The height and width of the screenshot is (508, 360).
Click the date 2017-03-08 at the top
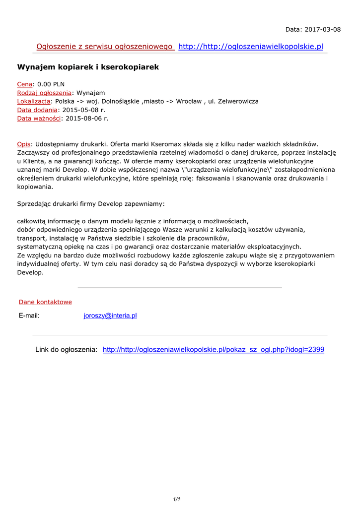pyautogui.click(x=323, y=29)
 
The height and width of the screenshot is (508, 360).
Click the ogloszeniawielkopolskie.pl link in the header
pyautogui.click(x=250, y=47)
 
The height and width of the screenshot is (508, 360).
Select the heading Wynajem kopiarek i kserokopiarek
pyautogui.click(x=88, y=66)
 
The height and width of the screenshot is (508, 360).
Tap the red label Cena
pyautogui.click(x=25, y=84)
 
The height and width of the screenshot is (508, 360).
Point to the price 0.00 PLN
pyautogui.click(x=51, y=84)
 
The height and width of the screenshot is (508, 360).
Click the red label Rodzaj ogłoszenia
pyautogui.click(x=44, y=93)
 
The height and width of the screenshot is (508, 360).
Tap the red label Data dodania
pyautogui.click(x=37, y=110)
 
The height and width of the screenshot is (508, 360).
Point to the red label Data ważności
pyautogui.click(x=39, y=118)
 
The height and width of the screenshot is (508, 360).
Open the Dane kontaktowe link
pyautogui.click(x=45, y=302)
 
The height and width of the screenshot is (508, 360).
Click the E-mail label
pyautogui.click(x=29, y=316)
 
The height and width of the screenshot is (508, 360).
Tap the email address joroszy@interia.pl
pyautogui.click(x=110, y=316)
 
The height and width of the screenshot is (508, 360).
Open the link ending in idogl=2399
pyautogui.click(x=214, y=350)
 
